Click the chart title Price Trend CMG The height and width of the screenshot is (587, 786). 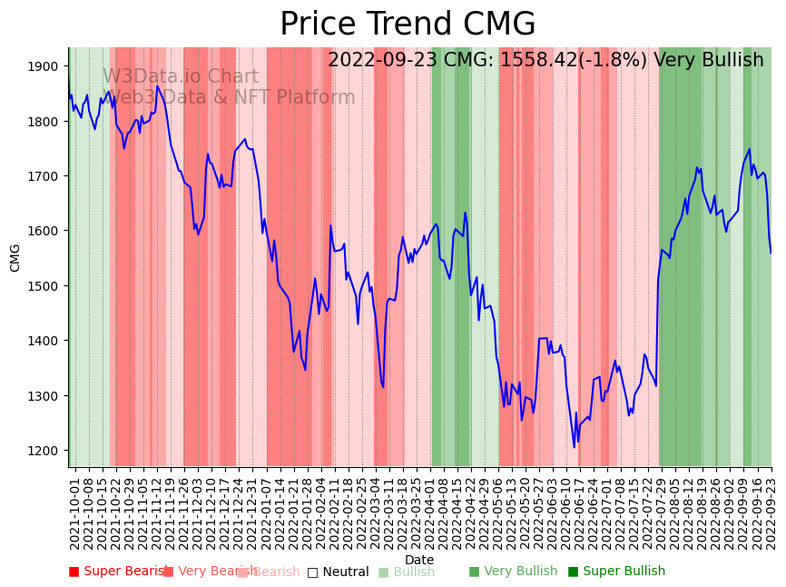click(408, 25)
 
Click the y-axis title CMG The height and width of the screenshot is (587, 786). click(15, 257)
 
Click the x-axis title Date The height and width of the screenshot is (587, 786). click(419, 560)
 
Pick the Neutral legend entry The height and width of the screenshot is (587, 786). click(338, 572)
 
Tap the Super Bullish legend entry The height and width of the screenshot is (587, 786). click(616, 572)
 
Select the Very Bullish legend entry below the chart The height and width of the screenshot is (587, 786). click(513, 572)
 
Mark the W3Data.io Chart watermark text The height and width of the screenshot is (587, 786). click(180, 77)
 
